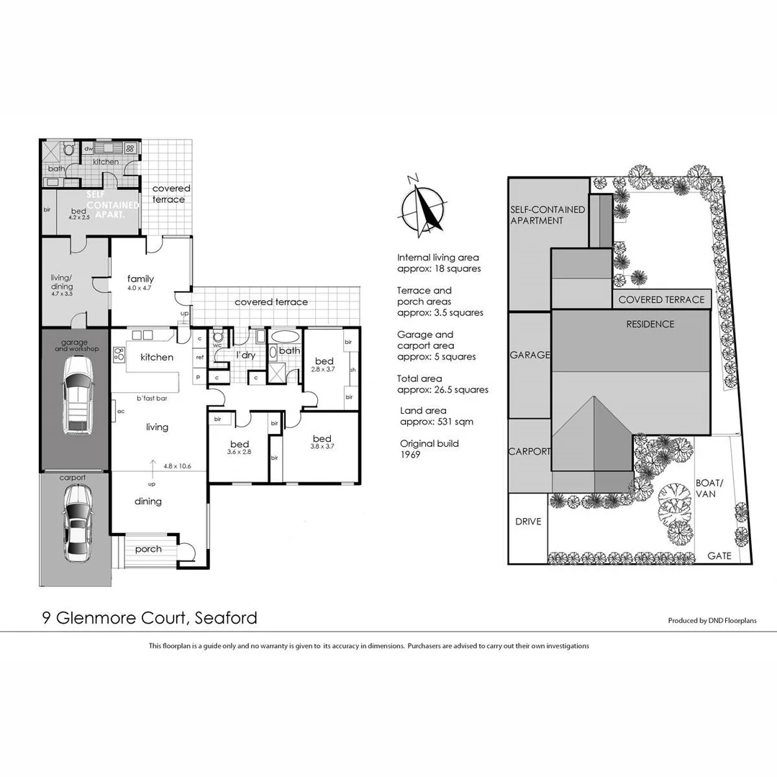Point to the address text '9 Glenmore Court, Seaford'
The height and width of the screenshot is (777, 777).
point(147,617)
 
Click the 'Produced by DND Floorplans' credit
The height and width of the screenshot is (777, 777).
point(712,620)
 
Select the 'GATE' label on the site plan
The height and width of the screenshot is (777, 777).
point(719,556)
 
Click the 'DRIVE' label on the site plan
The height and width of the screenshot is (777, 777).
point(528,522)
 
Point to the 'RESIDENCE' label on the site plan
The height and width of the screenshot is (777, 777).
point(650,324)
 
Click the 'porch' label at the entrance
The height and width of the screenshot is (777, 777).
point(148,550)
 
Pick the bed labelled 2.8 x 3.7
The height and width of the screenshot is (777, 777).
point(324,365)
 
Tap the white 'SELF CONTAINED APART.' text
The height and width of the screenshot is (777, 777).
point(112,204)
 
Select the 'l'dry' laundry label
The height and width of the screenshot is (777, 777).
point(247,355)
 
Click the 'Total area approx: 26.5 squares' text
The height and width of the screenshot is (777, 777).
point(442,384)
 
